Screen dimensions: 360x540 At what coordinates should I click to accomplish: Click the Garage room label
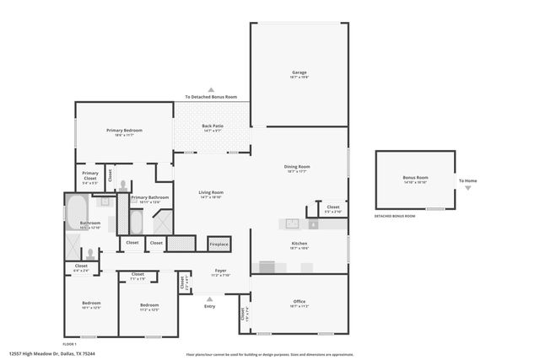coord(299,73)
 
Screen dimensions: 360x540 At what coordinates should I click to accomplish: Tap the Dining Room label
coord(297,167)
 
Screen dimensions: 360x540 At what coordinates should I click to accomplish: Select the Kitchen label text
coord(299,244)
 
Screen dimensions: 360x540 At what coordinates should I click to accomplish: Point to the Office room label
coord(299,301)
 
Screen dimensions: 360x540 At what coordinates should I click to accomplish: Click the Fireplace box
coord(219,244)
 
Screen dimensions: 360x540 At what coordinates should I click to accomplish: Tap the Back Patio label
coord(212,127)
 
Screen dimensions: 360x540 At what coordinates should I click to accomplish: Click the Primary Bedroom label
coord(124,131)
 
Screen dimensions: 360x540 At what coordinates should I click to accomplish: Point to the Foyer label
coord(219,271)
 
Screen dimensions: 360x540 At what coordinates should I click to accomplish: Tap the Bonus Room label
coord(415,178)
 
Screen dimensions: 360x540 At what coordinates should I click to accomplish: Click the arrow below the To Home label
coord(467,188)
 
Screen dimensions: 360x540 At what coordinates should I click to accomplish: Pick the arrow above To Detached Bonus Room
coord(212,89)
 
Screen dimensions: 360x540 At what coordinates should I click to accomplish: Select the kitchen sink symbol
coord(292,224)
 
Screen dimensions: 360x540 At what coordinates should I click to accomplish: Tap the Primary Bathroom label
coord(150,198)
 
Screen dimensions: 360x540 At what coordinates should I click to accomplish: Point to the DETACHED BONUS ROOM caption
coord(395,217)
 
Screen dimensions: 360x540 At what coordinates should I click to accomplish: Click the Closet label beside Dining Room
coord(332,207)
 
